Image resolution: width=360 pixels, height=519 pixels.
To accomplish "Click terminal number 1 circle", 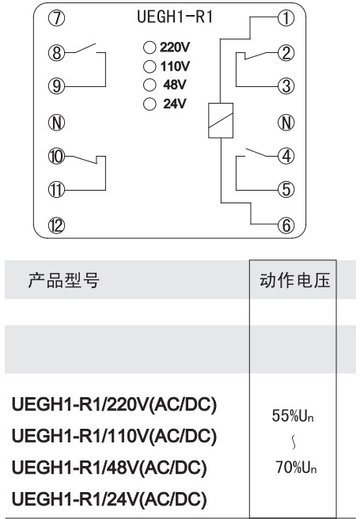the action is click(286, 18).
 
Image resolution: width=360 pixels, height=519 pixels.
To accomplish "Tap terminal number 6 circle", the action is click(286, 225).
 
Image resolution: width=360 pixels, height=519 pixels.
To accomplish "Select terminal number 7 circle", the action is click(57, 18).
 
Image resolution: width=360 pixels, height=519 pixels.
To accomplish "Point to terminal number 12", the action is click(57, 225).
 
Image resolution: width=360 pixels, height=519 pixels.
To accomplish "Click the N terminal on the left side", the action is click(57, 123).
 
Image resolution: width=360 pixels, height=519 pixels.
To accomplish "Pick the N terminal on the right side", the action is click(286, 123).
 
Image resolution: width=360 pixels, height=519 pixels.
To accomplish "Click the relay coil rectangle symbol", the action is click(221, 120).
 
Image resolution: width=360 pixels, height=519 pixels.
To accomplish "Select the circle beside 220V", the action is click(150, 47).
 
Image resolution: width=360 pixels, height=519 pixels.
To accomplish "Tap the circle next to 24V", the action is click(150, 104).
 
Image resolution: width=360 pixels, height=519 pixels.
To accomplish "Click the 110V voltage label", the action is click(175, 66).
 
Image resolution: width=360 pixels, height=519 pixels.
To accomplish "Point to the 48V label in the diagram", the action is click(175, 85).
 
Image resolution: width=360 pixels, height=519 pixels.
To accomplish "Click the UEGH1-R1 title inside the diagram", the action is click(175, 17).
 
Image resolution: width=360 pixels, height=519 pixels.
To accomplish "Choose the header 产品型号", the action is click(63, 280).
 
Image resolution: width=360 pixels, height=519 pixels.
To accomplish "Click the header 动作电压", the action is click(295, 280).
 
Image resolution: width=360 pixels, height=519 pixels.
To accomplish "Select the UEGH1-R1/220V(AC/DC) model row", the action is click(114, 404).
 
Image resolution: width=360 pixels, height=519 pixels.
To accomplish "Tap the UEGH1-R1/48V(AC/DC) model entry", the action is click(109, 468).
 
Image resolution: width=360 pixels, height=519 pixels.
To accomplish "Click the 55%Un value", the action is click(293, 415).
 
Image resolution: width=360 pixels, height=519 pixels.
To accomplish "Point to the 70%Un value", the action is click(296, 468).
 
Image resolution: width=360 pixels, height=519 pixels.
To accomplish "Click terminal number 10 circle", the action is click(57, 156).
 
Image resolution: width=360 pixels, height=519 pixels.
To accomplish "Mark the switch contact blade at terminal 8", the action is click(85, 48).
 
